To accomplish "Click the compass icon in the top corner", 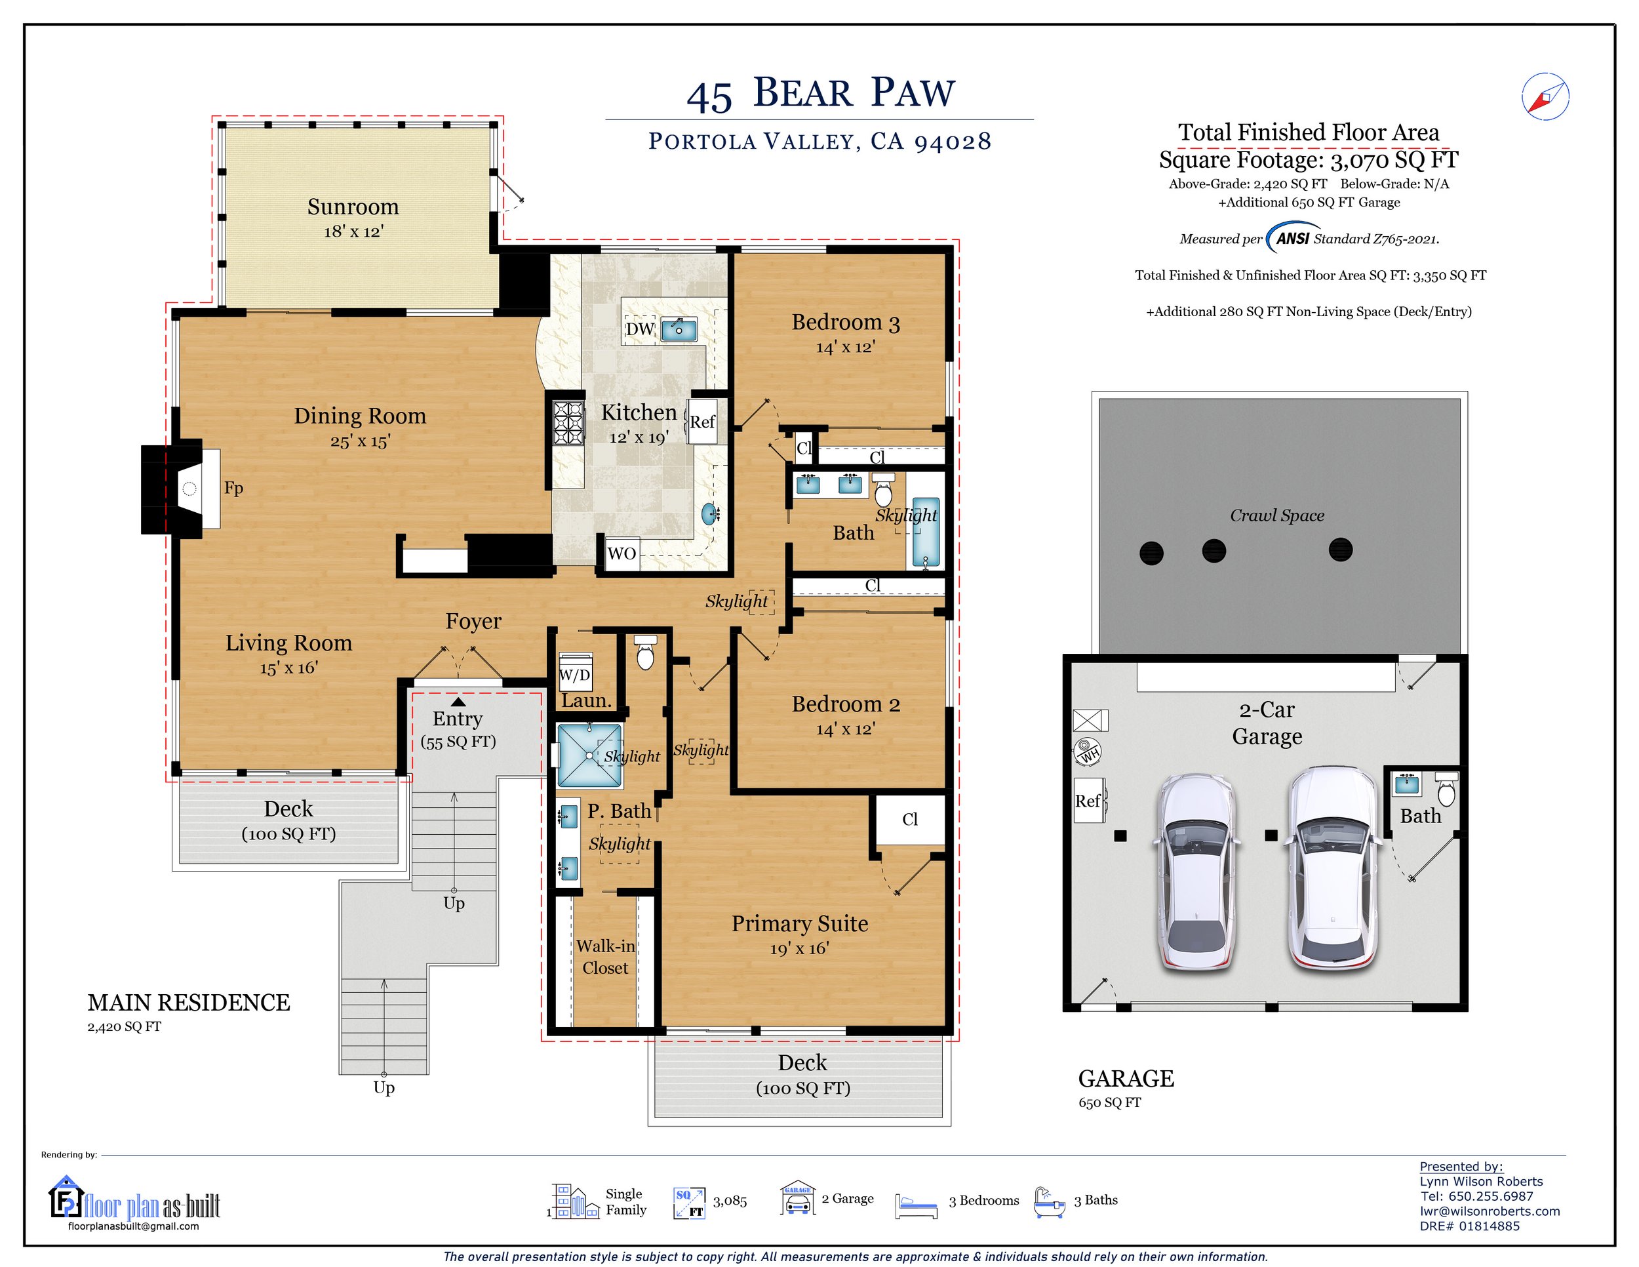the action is tap(1545, 96).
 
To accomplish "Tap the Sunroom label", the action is tap(353, 207).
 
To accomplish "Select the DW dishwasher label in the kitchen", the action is tap(640, 329).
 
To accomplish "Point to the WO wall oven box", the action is tap(622, 554).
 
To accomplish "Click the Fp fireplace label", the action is tap(233, 488).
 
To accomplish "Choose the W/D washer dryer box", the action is tap(576, 675).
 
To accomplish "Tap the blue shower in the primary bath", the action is tap(589, 755).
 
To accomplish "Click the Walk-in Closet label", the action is tap(606, 957).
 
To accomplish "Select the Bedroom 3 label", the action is tap(846, 323).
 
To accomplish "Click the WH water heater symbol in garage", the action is tap(1088, 751).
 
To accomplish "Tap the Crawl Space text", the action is tap(1276, 515).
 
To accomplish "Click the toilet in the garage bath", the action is tap(1446, 789).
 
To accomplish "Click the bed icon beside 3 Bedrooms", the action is tap(917, 1205).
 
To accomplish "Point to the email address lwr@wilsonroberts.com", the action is tap(1490, 1211).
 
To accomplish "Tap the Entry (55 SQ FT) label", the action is tap(458, 730).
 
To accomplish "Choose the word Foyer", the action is tap(473, 622).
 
